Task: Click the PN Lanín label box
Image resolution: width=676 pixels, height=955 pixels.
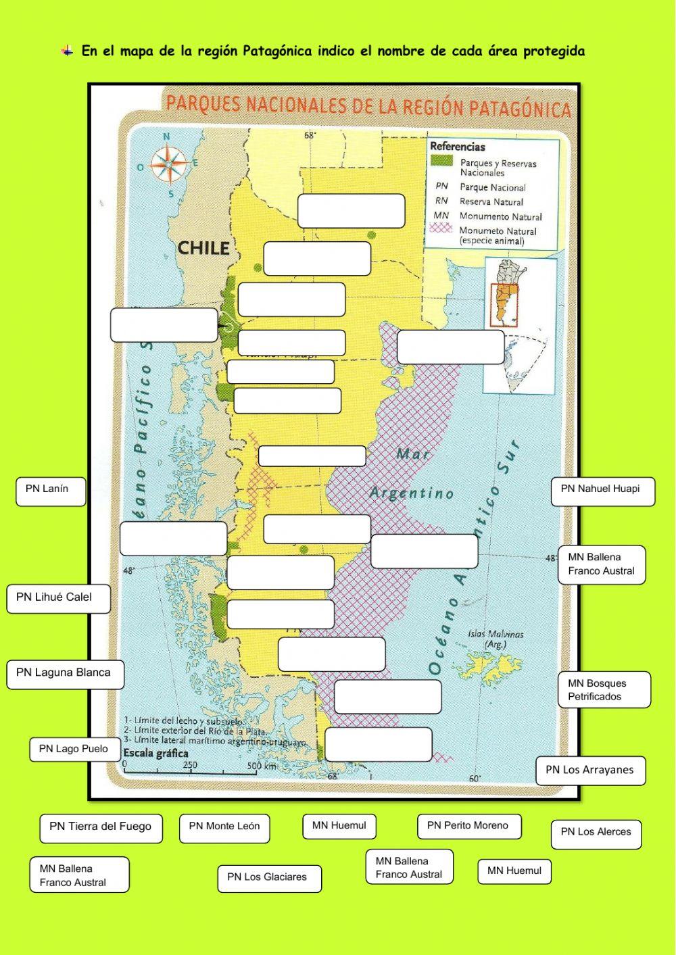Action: point(51,491)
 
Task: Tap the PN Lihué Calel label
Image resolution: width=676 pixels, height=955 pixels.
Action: point(58,598)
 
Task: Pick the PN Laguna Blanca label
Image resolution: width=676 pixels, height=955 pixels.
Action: point(65,674)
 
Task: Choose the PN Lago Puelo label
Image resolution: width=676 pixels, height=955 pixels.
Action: point(73,750)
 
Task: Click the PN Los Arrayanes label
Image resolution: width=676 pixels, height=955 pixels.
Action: point(590,770)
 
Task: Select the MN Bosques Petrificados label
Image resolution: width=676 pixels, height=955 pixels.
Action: point(604,690)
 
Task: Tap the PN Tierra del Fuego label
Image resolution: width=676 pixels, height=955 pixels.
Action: point(101,828)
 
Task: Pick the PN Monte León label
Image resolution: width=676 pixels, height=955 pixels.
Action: point(224,827)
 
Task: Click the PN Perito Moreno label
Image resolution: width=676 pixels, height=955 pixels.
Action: point(468,827)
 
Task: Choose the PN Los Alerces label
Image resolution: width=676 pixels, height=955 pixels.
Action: point(596,833)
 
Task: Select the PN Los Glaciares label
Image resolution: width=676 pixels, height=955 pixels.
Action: point(268,878)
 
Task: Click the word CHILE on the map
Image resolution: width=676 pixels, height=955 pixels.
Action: point(203,248)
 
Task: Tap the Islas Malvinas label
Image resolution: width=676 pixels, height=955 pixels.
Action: point(496,639)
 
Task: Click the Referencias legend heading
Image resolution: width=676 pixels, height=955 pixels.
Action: point(458,147)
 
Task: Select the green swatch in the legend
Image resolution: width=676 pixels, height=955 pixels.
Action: point(441,161)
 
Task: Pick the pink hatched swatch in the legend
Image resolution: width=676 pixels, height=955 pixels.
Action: point(441,228)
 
